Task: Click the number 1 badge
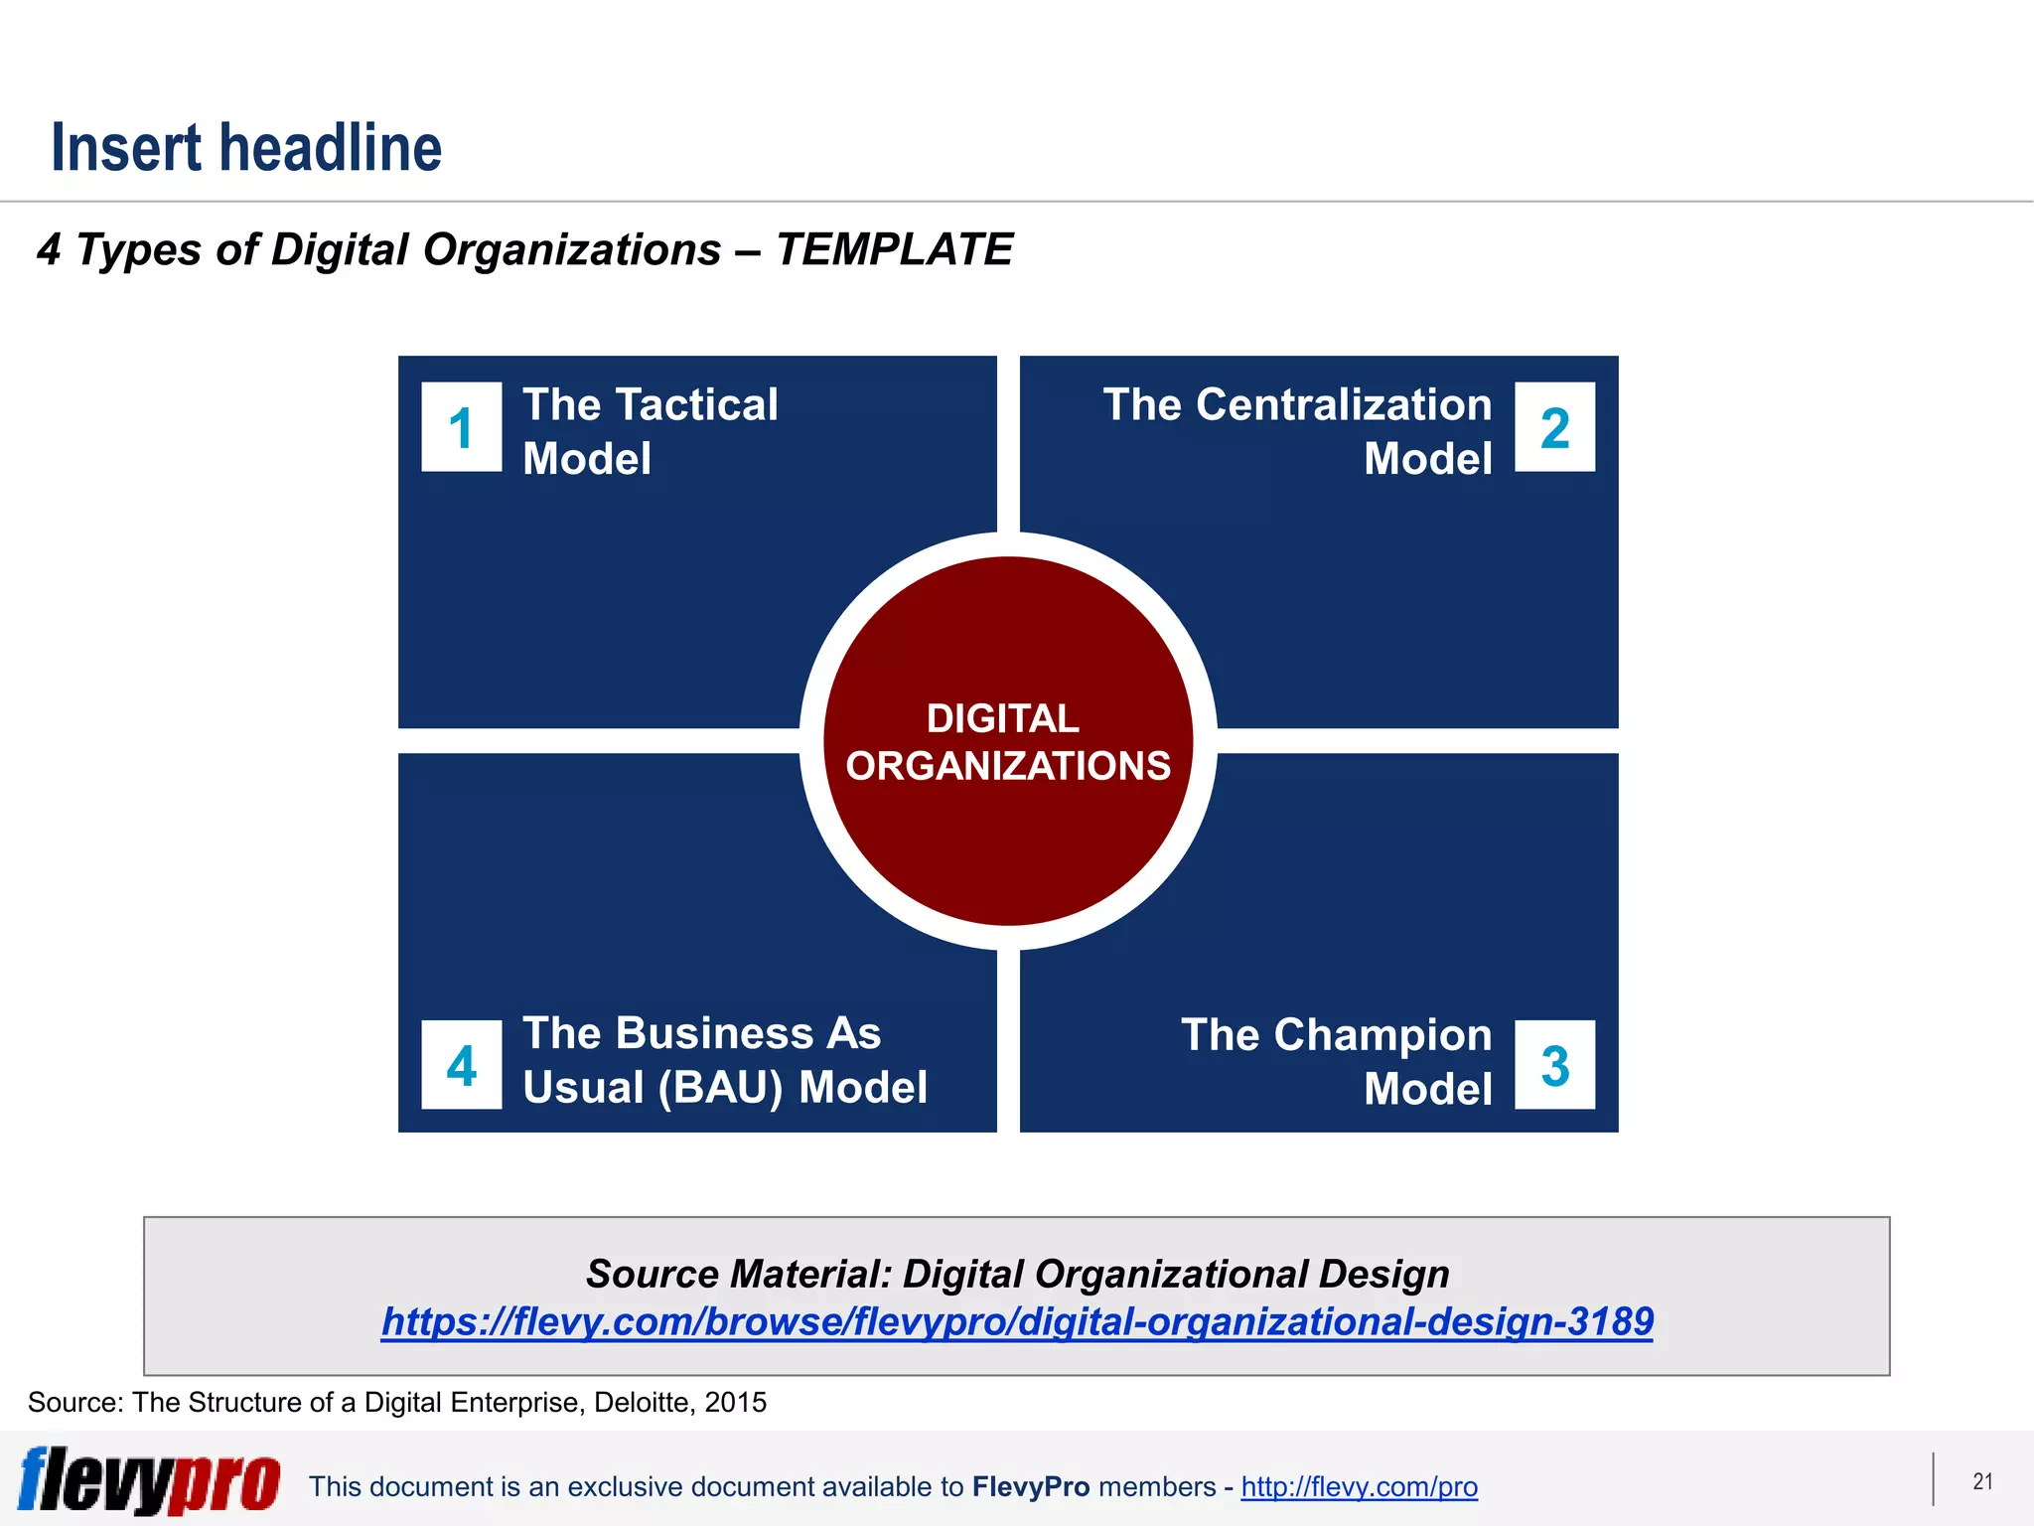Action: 461,427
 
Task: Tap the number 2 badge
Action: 1554,427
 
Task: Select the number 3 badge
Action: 1554,1065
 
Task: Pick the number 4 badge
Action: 461,1065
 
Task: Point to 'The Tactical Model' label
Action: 651,431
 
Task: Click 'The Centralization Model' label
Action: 1297,431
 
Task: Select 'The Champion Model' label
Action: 1336,1061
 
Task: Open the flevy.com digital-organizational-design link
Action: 1017,1321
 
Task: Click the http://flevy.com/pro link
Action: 1359,1486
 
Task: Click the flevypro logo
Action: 149,1480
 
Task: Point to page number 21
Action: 1982,1481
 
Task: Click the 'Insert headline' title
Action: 246,148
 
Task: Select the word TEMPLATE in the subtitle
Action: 894,249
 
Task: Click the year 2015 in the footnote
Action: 736,1402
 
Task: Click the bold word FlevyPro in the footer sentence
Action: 1031,1486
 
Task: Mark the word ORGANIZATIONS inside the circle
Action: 1008,766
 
